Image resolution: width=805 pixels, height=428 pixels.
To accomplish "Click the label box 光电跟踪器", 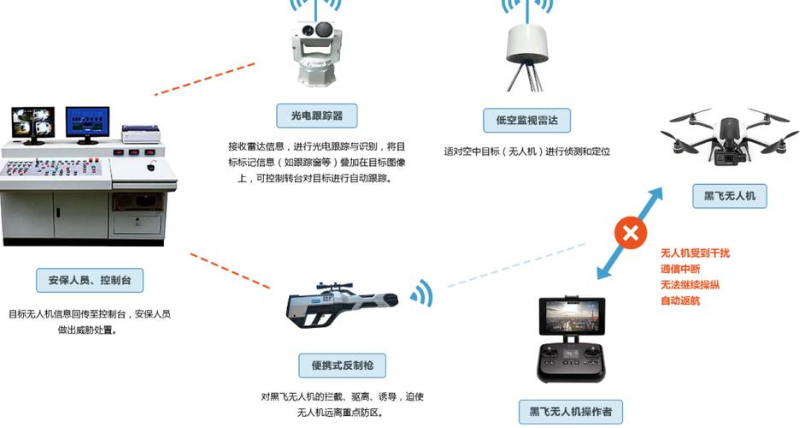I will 316,116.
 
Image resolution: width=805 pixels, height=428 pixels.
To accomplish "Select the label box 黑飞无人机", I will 729,196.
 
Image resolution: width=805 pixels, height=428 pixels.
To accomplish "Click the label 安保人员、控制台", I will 90,280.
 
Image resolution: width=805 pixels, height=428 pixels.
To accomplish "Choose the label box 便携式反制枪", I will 342,366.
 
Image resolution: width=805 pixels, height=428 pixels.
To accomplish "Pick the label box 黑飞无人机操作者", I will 570,411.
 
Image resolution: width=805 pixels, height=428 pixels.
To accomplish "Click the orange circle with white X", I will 631,233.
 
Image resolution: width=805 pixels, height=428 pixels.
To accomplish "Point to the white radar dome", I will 526,43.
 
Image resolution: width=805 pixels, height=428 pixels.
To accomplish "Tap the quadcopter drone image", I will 729,137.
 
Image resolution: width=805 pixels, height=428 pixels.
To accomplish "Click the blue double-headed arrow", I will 631,233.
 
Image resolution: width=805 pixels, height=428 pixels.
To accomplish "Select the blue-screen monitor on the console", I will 87,125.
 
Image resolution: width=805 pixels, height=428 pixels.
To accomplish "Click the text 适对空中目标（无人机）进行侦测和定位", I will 526,152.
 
